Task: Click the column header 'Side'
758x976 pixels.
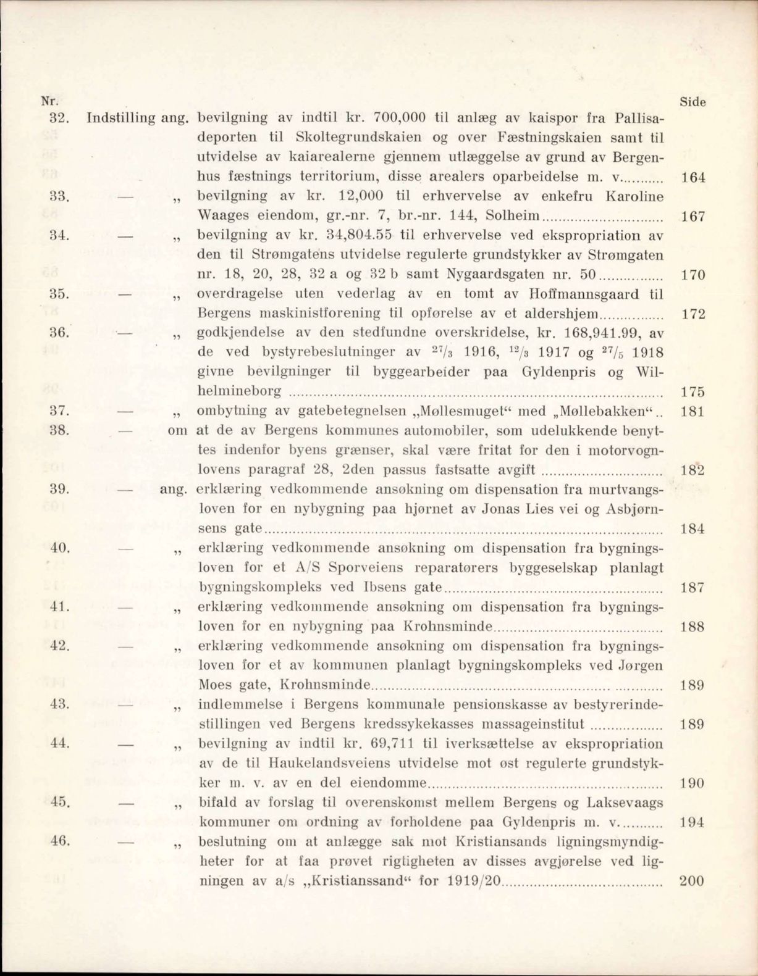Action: [x=693, y=102]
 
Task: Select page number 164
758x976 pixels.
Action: [x=693, y=178]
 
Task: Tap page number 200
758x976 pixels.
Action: [x=691, y=881]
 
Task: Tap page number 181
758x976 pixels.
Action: [x=693, y=412]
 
